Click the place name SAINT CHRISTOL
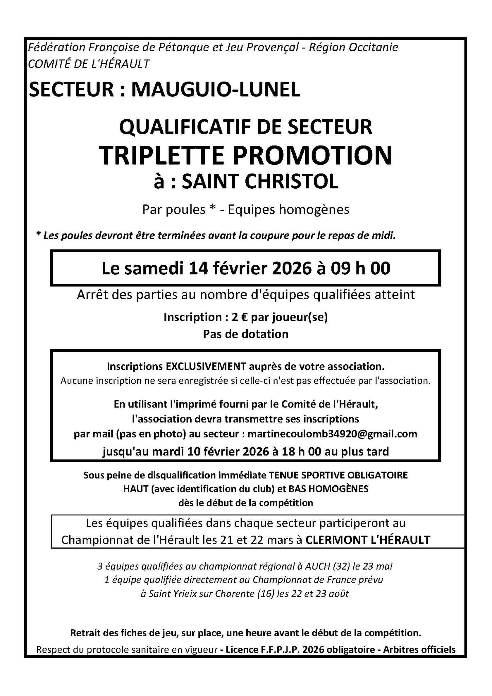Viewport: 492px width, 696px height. (260, 182)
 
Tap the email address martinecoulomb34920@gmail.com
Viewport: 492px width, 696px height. (332, 434)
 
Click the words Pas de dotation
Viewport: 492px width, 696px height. (246, 334)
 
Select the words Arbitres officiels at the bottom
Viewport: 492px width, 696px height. (419, 650)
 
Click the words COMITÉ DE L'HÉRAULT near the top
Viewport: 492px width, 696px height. (89, 64)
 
